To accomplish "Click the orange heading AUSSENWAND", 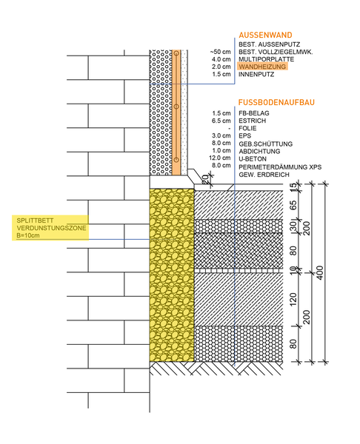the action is tap(265, 35).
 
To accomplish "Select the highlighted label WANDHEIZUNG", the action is tap(262, 67).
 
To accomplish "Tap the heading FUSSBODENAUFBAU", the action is tap(276, 102).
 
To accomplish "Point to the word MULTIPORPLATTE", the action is tap(266, 59).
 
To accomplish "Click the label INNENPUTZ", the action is tap(256, 75).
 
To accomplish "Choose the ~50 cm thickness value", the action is tap(220, 52).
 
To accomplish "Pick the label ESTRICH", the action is tap(253, 121).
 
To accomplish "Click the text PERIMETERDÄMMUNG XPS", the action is tap(280, 167).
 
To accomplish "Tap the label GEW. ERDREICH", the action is tap(264, 175).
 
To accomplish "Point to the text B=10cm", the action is tap(28, 235).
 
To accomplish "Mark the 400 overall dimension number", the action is tap(319, 273).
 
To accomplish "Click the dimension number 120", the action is tap(293, 299).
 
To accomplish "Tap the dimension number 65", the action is tap(293, 205).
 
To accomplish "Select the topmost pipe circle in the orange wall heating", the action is tap(176, 53).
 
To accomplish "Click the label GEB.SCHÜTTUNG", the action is tap(266, 144).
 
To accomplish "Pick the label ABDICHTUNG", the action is tap(259, 152).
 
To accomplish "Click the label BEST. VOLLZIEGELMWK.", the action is tap(276, 52).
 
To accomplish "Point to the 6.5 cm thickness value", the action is tap(221, 121).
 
